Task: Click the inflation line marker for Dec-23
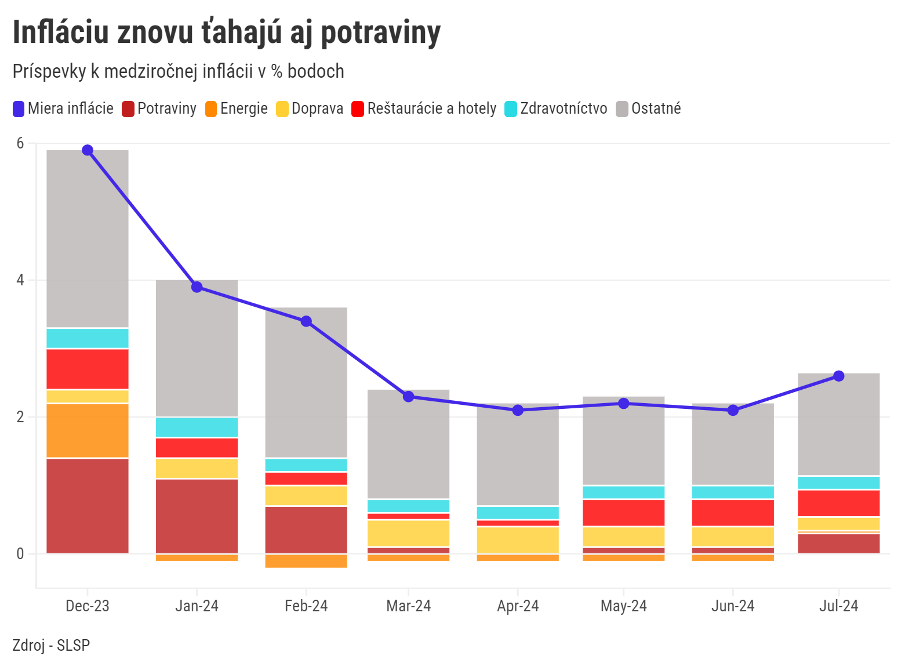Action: [88, 150]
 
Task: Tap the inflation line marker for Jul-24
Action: [838, 376]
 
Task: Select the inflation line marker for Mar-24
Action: [408, 397]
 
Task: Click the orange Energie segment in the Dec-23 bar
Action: [88, 431]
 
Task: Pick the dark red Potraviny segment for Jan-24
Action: [197, 516]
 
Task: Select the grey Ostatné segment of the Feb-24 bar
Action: [306, 382]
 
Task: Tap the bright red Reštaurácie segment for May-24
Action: [623, 513]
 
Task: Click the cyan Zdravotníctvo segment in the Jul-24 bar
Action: [838, 483]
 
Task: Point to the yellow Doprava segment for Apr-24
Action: [518, 540]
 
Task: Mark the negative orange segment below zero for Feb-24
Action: [306, 561]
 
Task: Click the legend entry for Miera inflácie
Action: [63, 108]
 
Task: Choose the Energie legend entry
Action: [237, 108]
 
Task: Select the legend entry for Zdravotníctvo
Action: [556, 108]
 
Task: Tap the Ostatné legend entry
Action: [649, 108]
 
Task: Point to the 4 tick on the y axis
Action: [20, 280]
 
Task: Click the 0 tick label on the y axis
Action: [20, 554]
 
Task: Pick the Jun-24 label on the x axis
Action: [733, 606]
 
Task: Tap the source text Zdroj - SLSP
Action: [51, 645]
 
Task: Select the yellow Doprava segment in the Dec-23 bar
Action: [88, 397]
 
